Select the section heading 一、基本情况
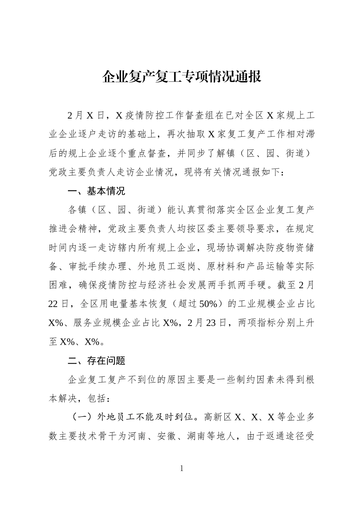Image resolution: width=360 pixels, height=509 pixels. pyautogui.click(x=96, y=191)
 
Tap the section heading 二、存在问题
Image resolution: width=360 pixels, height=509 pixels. pyautogui.click(x=96, y=361)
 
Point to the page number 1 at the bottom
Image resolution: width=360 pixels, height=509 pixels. pyautogui.click(x=181, y=468)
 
